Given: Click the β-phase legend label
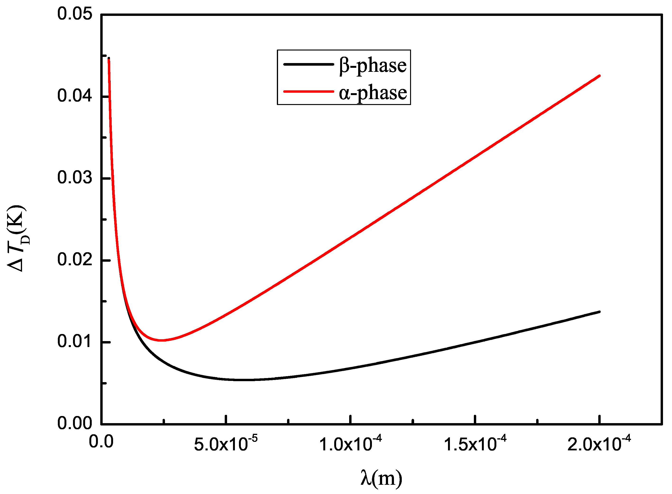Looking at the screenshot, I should coord(372,66).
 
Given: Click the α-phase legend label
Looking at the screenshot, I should coord(372,93).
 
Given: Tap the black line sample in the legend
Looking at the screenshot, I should coord(308,64).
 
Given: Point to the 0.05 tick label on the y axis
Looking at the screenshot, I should coord(74,14).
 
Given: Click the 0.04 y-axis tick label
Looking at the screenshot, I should coord(74,96).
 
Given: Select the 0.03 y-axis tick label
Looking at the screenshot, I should coord(74,178).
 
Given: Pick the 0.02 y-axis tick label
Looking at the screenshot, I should coord(74,260).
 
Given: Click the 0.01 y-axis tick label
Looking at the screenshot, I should coord(74,342).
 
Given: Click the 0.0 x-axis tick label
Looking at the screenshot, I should coord(101,442).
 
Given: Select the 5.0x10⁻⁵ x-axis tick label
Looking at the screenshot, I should coord(226,444).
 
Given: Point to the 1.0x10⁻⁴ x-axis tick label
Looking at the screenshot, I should coord(350,444).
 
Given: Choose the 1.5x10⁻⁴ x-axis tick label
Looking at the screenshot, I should coord(475,444).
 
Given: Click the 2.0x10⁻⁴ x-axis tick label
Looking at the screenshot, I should coord(599,444).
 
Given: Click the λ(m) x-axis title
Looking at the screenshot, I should coord(381,478).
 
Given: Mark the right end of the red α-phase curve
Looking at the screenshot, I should coord(599,76).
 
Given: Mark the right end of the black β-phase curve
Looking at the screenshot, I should coord(599,312).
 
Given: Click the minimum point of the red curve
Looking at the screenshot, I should coord(161,340).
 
